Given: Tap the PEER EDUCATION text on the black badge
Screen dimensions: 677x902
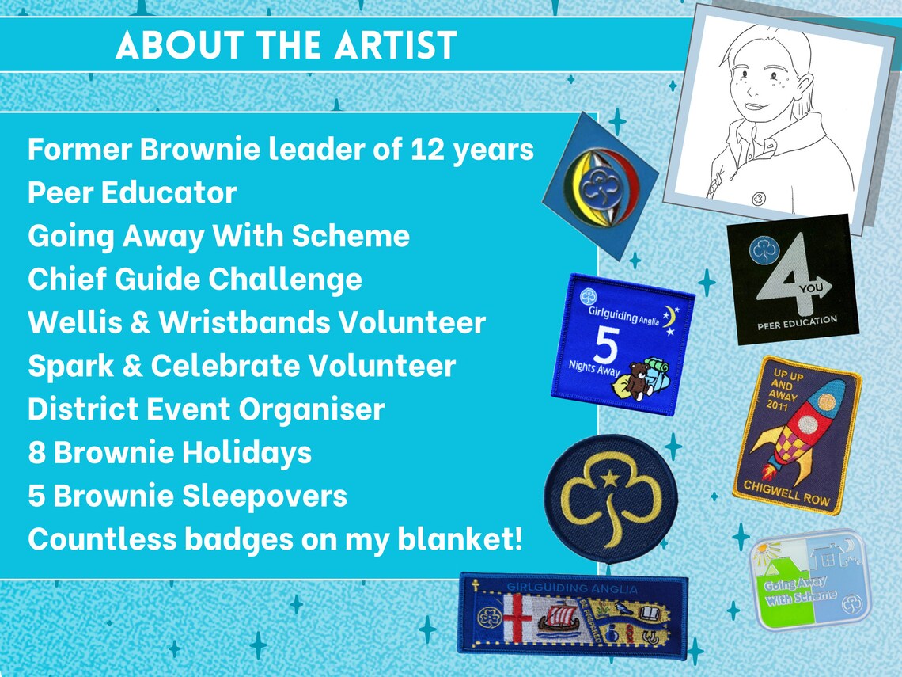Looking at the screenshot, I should click(x=797, y=320).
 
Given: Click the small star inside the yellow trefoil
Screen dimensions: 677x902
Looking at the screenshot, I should click(x=611, y=477).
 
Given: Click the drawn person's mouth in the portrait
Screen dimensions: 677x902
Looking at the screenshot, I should click(x=755, y=106).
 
